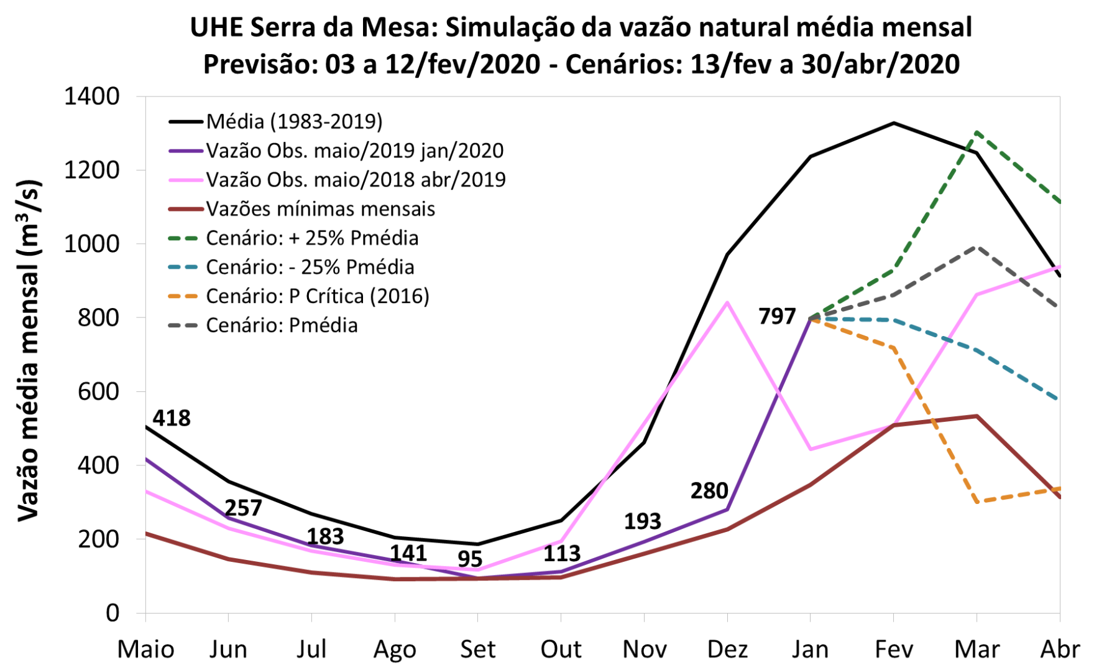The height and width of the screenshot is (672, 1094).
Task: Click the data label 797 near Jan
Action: (x=777, y=317)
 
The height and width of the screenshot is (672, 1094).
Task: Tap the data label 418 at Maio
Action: (x=172, y=418)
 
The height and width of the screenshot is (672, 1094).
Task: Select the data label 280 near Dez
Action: (x=709, y=491)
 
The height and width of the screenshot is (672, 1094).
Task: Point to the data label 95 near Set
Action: (x=470, y=559)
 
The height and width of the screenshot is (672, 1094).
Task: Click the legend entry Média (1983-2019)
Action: (x=294, y=121)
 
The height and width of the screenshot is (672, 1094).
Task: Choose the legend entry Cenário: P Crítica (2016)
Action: (x=317, y=296)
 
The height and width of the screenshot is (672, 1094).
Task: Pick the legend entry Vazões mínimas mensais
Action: (x=320, y=209)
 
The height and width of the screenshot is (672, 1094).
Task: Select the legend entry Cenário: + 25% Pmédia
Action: (x=312, y=238)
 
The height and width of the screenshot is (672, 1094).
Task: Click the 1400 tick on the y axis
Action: (x=92, y=96)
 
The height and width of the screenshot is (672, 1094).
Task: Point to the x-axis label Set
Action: (x=477, y=649)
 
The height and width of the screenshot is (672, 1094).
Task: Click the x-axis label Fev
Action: (x=893, y=649)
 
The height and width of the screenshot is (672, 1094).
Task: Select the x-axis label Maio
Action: (x=145, y=649)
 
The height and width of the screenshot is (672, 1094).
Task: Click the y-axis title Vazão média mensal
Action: (x=29, y=352)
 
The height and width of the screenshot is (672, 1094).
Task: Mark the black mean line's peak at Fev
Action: (x=893, y=123)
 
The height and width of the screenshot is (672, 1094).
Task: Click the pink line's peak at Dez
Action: (x=727, y=302)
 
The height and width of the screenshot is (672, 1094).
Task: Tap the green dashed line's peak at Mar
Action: (x=977, y=132)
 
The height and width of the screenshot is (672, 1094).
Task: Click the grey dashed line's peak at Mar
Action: (x=977, y=247)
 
